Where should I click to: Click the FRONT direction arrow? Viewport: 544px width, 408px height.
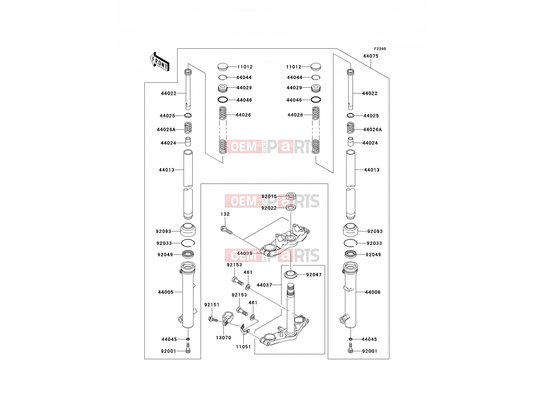pyautogui.click(x=159, y=62)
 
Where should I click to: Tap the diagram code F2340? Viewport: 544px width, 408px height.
pyautogui.click(x=380, y=49)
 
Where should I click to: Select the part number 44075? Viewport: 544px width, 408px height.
pyautogui.click(x=371, y=56)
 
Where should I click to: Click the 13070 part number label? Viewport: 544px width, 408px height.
pyautogui.click(x=223, y=338)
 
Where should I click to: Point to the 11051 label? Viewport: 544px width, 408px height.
pyautogui.click(x=243, y=347)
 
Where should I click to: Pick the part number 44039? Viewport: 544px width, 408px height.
pyautogui.click(x=244, y=253)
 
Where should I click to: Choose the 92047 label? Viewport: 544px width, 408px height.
pyautogui.click(x=314, y=275)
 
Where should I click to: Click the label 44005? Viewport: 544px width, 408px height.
pyautogui.click(x=166, y=292)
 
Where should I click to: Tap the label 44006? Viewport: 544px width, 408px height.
pyautogui.click(x=373, y=292)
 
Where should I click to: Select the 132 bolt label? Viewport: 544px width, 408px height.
pyautogui.click(x=225, y=214)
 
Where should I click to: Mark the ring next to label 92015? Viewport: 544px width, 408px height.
pyautogui.click(x=291, y=196)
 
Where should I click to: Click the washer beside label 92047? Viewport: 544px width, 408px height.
pyautogui.click(x=290, y=274)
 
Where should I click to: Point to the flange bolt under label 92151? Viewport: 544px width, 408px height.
pyautogui.click(x=213, y=319)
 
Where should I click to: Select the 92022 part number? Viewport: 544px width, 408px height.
pyautogui.click(x=269, y=208)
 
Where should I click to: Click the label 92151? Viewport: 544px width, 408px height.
pyautogui.click(x=212, y=305)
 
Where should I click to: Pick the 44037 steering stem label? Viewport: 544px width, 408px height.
pyautogui.click(x=264, y=285)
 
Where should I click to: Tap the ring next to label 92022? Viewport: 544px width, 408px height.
pyautogui.click(x=291, y=208)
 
